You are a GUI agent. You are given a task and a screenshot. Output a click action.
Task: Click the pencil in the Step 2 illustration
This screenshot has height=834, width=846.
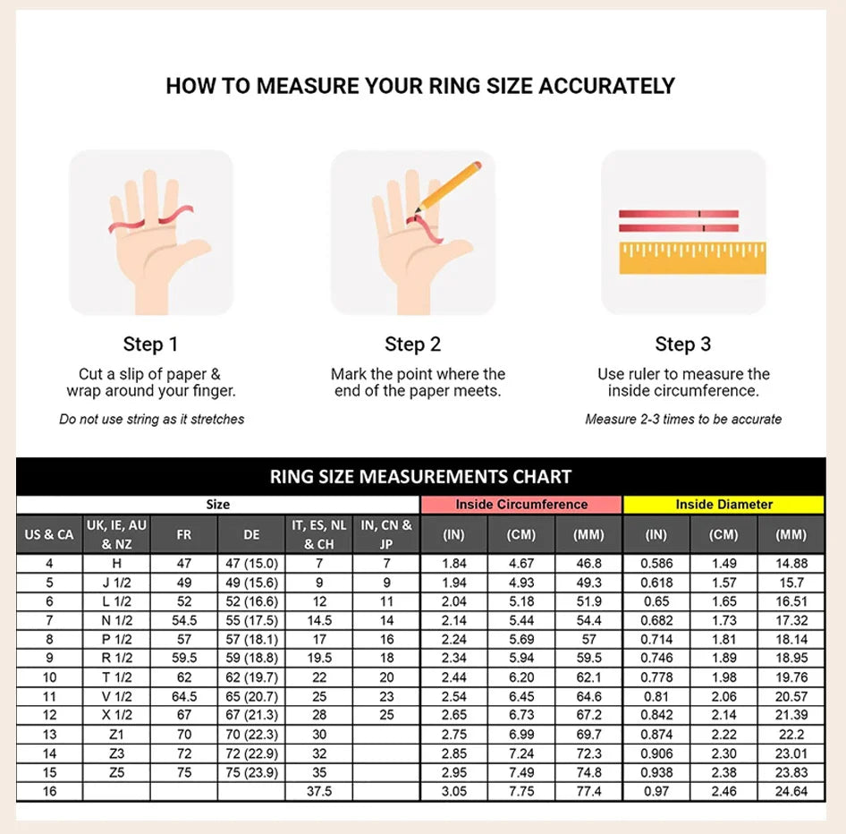pos(448,187)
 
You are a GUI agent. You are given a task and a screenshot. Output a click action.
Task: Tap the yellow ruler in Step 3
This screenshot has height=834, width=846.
pos(692,258)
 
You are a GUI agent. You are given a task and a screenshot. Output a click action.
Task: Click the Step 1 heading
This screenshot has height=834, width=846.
pos(150,344)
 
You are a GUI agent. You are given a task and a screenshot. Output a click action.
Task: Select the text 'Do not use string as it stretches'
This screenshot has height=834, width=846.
pos(152,419)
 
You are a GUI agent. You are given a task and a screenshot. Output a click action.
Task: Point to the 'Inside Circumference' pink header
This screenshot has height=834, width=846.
pos(521,504)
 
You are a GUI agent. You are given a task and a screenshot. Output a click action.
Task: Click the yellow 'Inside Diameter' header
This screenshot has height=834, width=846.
pos(723,504)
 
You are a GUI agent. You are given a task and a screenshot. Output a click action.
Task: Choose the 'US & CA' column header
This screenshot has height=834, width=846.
pos(49,534)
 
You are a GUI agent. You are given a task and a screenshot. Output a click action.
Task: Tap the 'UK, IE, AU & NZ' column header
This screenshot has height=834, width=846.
pos(116,534)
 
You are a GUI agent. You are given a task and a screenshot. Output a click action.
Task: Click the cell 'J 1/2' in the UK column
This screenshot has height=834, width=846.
pos(116,583)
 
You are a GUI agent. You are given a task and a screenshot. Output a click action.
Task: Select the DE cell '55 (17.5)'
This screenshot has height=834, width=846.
pos(251,620)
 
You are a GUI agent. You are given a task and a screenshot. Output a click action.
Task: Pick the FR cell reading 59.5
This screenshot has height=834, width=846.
pos(184,658)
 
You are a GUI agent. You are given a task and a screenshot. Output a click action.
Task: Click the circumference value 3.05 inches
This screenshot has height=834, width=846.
pos(453,791)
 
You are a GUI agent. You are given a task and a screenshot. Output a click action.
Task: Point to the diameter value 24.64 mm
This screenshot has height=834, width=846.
pos(791,791)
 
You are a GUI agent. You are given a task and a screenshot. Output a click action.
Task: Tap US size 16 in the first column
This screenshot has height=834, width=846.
pos(49,791)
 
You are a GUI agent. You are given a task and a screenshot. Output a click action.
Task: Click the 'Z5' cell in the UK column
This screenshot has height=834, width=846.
pos(116,772)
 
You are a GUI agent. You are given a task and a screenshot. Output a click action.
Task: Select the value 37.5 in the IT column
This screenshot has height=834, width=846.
pos(319,791)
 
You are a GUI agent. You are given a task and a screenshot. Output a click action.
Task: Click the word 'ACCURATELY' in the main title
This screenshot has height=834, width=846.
pos(607,86)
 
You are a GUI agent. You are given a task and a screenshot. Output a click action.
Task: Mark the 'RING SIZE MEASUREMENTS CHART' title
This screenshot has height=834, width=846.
pos(420,477)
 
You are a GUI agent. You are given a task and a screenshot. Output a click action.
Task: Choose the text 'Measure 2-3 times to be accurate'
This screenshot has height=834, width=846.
pos(683,419)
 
